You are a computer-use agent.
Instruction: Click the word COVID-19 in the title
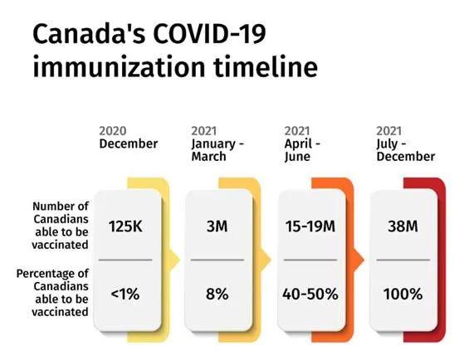coord(209,33)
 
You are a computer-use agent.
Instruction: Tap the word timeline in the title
coord(266,67)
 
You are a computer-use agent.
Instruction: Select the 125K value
coord(125,226)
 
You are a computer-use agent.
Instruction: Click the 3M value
coord(217,226)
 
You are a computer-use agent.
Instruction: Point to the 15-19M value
coord(310,226)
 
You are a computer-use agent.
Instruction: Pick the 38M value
coord(403,226)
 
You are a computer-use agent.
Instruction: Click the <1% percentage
coord(125,294)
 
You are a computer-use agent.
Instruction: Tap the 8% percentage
coord(217,294)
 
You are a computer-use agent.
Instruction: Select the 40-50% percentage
coord(310,294)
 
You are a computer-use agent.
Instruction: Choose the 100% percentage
coord(403,294)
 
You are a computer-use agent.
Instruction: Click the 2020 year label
coord(113,131)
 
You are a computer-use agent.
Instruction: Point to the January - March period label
coord(217,150)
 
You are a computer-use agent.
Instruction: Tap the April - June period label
coord(302,150)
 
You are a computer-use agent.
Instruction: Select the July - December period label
coord(405,150)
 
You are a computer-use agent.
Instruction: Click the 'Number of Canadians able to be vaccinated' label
coord(61,225)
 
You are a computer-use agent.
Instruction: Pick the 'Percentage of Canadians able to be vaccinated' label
coord(52,293)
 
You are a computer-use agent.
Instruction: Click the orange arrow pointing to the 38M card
coord(359,260)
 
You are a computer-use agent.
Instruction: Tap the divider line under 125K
coord(125,260)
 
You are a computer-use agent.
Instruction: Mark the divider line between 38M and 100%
coord(403,260)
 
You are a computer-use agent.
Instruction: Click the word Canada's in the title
coord(89,33)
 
